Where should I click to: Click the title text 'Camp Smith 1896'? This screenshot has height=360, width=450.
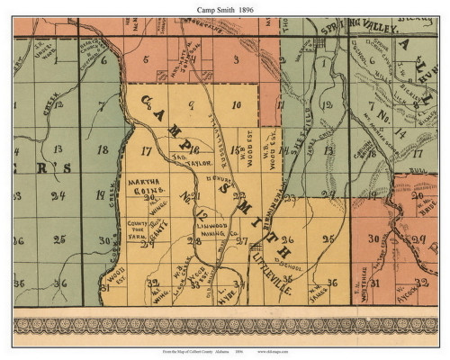(224, 8)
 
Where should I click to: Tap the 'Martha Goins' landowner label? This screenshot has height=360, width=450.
(151, 185)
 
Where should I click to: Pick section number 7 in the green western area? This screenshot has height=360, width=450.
(103, 105)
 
